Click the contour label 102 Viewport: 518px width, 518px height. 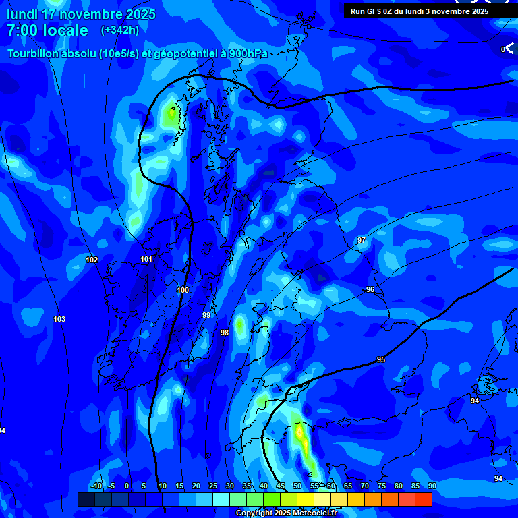click(92, 260)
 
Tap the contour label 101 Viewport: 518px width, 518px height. click(146, 259)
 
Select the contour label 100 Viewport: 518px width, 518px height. click(183, 290)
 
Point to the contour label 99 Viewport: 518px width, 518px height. click(206, 315)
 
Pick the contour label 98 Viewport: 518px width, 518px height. click(225, 333)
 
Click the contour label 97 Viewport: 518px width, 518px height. click(362, 240)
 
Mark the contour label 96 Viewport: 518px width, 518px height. click(370, 289)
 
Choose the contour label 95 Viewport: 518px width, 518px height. click(381, 359)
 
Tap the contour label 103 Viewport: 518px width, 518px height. click(59, 319)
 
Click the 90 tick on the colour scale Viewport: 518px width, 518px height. click(432, 486)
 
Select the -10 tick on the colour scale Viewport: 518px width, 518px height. click(96, 486)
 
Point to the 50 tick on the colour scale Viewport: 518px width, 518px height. click(297, 486)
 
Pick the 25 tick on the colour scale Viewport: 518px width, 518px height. click(213, 486)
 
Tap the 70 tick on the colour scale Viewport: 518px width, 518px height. click(365, 486)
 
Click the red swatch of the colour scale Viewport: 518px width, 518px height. click(423, 499)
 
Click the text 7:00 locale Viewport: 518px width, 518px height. click(47, 30)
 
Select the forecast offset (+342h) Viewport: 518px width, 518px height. click(119, 30)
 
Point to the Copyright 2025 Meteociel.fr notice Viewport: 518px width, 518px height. click(285, 513)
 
